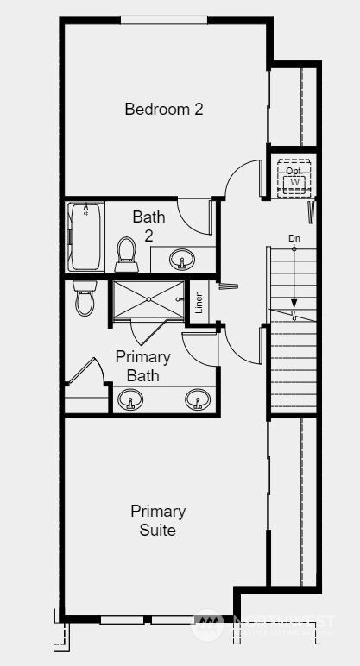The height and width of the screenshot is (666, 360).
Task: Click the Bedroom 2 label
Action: coord(164,110)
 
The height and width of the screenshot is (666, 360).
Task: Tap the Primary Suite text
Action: coord(158,520)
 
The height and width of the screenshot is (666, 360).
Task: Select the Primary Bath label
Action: coord(142,366)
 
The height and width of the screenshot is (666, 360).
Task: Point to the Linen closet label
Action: coord(199,302)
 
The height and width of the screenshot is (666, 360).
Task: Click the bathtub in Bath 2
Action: coord(85,236)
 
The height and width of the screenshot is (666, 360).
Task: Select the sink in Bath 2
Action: coord(181,259)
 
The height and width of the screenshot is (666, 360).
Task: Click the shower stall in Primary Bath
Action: coord(148,300)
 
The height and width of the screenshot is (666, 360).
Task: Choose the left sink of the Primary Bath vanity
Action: coord(130,401)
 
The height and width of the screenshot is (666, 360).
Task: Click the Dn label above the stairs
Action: coord(294,237)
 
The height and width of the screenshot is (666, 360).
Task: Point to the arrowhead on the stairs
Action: coord(294,304)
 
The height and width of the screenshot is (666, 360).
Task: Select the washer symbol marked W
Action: coord(294,183)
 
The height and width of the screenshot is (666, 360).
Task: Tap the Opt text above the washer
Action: coord(294,171)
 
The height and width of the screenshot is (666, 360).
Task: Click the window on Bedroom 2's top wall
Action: coord(163,20)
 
